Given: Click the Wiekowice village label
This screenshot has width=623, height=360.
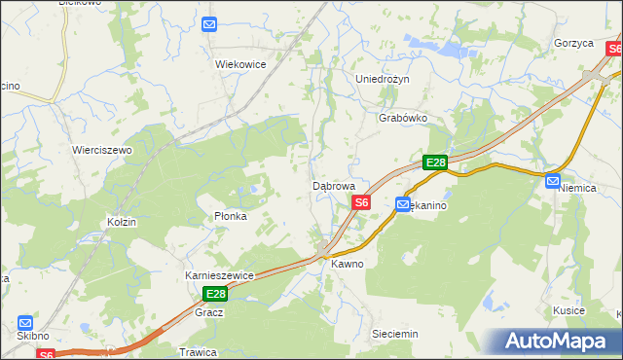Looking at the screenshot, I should tap(240, 64).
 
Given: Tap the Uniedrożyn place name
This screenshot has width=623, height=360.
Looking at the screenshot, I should tap(384, 79).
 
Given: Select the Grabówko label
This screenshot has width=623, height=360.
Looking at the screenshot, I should tap(403, 118).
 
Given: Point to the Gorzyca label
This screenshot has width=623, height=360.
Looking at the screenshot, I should tap(573, 44).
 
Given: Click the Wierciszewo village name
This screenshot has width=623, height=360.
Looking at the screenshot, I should tap(102, 151).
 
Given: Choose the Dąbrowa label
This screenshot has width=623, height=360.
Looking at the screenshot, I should tap(340, 185).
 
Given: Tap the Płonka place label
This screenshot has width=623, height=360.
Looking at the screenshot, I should tap(231, 216).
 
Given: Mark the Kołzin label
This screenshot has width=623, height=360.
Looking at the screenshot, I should tap(122, 222).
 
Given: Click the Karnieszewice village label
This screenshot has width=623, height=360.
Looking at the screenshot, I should tap(220, 275).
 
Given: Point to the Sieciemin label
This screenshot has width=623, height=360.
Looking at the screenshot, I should tap(395, 334).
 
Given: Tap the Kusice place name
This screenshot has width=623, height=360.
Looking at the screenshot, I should tap(568, 309).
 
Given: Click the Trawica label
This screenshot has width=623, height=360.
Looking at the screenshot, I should tap(197, 352).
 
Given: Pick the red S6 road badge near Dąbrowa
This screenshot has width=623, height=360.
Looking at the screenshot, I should tap(361, 202).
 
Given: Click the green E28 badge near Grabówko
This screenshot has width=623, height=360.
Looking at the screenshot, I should tap(434, 163).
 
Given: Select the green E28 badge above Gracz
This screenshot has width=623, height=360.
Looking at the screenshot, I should tap(215, 294).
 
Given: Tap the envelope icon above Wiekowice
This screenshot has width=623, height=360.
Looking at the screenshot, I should tap(209, 24).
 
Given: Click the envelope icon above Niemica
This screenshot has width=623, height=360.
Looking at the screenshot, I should tap(553, 181).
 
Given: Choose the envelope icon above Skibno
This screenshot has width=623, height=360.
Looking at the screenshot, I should tap(24, 322).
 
